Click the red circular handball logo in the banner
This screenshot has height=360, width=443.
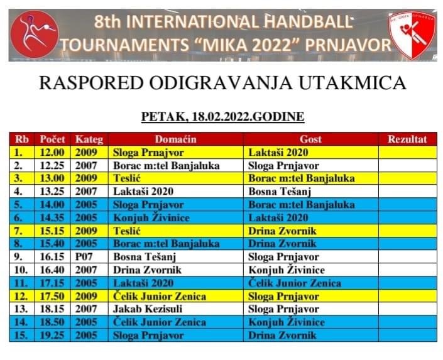coord(35,34)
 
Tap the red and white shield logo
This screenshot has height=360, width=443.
coord(412,35)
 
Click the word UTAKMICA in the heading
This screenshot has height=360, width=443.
coord(353,83)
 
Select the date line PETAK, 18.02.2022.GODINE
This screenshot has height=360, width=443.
coord(222,116)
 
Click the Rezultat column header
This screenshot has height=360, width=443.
coord(407,139)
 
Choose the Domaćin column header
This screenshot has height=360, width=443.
coord(176,139)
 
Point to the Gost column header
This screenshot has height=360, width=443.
coord(311,139)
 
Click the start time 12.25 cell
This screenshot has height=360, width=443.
coord(52,166)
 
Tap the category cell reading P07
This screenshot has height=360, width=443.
coord(89,257)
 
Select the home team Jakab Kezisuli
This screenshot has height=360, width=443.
coord(148,309)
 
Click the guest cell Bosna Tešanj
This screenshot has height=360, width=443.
coord(280,192)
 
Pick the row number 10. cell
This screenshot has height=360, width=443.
coord(22,270)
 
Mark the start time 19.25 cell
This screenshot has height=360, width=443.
coord(52,335)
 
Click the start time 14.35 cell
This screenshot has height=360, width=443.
coord(52,218)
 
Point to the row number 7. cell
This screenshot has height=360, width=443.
coord(22,231)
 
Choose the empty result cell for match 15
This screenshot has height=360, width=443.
coord(408,335)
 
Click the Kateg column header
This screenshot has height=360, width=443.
coord(89,139)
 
